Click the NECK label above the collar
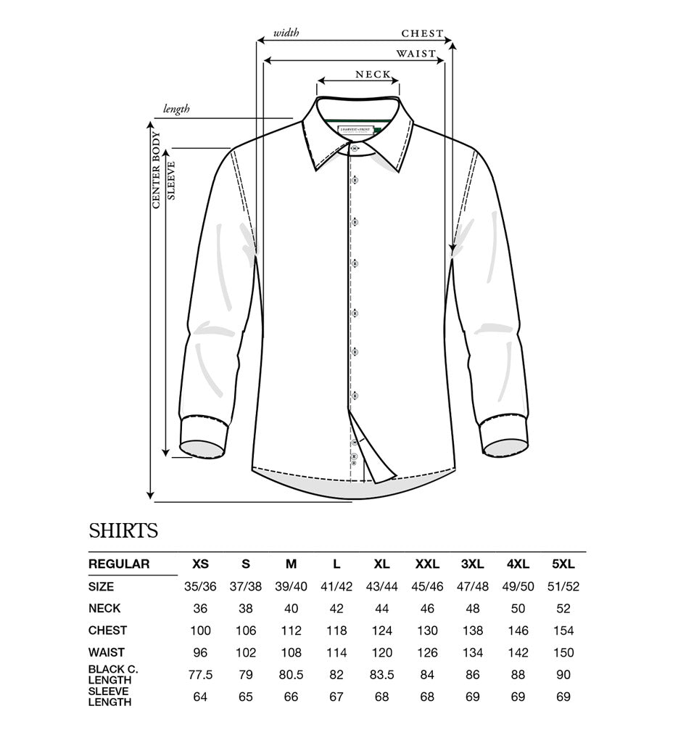373,74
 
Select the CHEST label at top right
422,33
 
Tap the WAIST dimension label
416,53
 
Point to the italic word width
286,33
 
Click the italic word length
176,109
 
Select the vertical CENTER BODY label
156,171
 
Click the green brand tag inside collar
356,130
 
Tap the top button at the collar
355,149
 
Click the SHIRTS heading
123,530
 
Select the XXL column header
427,564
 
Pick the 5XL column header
563,564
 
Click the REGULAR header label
119,564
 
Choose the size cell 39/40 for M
291,586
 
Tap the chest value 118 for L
336,631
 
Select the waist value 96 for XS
200,652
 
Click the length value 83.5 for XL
381,675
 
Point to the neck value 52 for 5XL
563,609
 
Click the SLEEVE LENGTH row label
110,697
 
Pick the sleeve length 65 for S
245,697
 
